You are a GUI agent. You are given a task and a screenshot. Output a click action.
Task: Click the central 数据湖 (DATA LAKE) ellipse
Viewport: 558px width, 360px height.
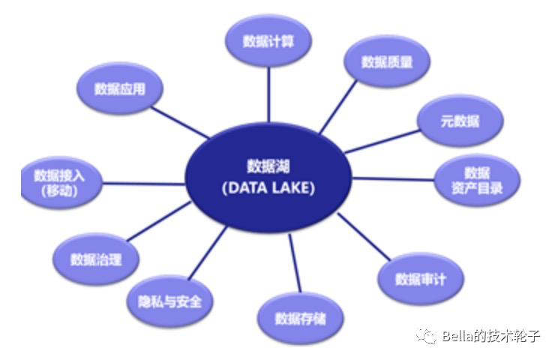(x=268, y=177)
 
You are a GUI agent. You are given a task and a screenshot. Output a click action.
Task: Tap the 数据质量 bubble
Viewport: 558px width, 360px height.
(x=386, y=62)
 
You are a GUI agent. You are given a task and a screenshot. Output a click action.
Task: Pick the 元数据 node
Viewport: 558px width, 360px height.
(x=460, y=121)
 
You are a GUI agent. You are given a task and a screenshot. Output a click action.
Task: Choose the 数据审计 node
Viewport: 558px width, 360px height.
(x=421, y=279)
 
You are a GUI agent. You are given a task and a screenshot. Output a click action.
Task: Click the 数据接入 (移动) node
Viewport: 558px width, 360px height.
(x=61, y=182)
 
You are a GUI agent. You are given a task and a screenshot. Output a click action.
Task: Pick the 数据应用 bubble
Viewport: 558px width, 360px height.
(x=119, y=88)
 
